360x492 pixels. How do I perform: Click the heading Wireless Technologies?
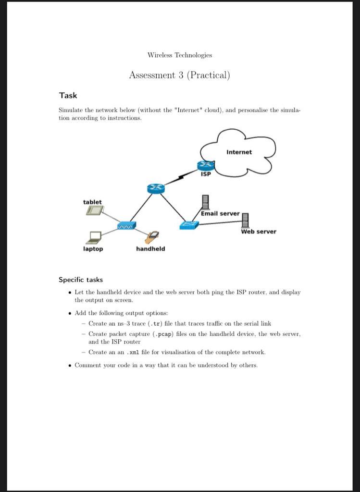(179, 55)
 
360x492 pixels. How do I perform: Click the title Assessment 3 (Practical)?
(179, 75)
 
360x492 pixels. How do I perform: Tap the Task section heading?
(68, 96)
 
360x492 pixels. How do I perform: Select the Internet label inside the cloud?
(239, 152)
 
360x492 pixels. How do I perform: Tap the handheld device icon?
(153, 237)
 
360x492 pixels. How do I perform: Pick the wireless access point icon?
(127, 225)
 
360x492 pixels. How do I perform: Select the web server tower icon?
(245, 220)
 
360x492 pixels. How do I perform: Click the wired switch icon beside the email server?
(189, 224)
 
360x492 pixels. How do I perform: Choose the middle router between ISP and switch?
(156, 189)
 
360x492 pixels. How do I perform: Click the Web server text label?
(259, 232)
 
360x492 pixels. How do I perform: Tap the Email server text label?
(220, 213)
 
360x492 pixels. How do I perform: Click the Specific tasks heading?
(81, 280)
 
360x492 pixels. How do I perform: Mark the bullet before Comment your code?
(70, 365)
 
